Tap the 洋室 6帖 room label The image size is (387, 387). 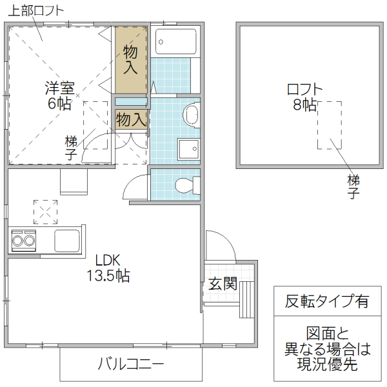59,95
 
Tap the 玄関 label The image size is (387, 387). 223,284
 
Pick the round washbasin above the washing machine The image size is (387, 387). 192,115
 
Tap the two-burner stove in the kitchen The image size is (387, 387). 24,241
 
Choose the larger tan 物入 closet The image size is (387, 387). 131,59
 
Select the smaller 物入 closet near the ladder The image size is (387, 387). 131,119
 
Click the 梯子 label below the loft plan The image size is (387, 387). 353,186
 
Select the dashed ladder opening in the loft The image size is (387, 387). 329,125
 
